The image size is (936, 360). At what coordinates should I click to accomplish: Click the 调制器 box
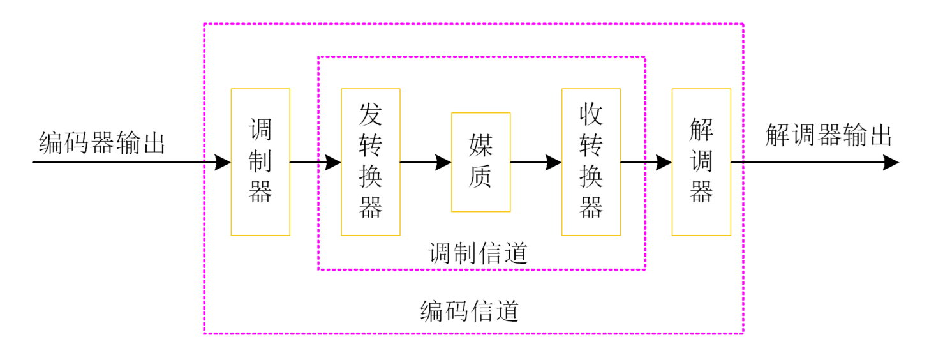point(260,161)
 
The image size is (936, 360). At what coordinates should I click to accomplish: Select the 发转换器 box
point(371,161)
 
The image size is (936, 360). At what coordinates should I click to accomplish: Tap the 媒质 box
point(480,161)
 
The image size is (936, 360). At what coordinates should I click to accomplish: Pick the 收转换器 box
point(591,161)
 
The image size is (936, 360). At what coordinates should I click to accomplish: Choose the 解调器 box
point(701,161)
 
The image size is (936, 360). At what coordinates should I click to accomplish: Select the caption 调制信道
point(478,253)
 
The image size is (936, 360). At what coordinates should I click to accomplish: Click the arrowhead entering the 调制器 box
point(223,162)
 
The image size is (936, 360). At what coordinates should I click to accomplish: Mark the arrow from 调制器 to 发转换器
point(316,162)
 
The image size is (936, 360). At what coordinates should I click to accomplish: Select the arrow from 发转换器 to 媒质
point(426,162)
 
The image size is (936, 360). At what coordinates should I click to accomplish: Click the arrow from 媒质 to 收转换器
point(536,162)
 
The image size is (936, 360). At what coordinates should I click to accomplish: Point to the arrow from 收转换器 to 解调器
point(646,162)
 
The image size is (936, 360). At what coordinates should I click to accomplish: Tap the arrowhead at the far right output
point(891,162)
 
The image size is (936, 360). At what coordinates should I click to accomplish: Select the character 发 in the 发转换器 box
point(371,114)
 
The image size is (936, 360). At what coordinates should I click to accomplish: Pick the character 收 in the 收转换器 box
point(591,114)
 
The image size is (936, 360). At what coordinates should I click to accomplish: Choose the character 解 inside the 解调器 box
point(701,130)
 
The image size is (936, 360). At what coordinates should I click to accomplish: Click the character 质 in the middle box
point(481,177)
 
